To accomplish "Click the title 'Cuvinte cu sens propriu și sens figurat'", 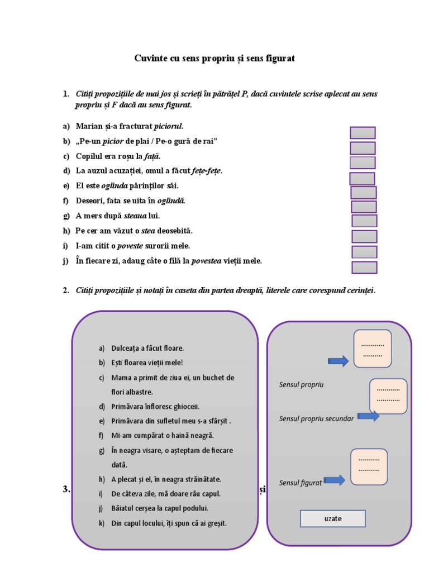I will point(214,58).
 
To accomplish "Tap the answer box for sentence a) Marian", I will point(363,133).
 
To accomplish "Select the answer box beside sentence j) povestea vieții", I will point(364,268).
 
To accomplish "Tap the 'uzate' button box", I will point(332,518).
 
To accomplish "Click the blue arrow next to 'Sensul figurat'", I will point(334,480).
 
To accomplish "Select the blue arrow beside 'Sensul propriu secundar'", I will point(368,416).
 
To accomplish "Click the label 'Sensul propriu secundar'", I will point(316,418).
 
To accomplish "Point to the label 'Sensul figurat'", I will point(301,483).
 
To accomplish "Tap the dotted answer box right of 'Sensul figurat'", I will point(369,467).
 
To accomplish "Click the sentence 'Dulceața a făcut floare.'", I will point(147,348).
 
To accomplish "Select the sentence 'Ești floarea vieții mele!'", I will point(147,363).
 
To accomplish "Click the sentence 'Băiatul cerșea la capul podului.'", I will point(160,508).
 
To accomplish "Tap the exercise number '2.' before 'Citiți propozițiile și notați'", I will point(66,290).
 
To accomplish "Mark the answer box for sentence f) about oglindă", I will point(364,207).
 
